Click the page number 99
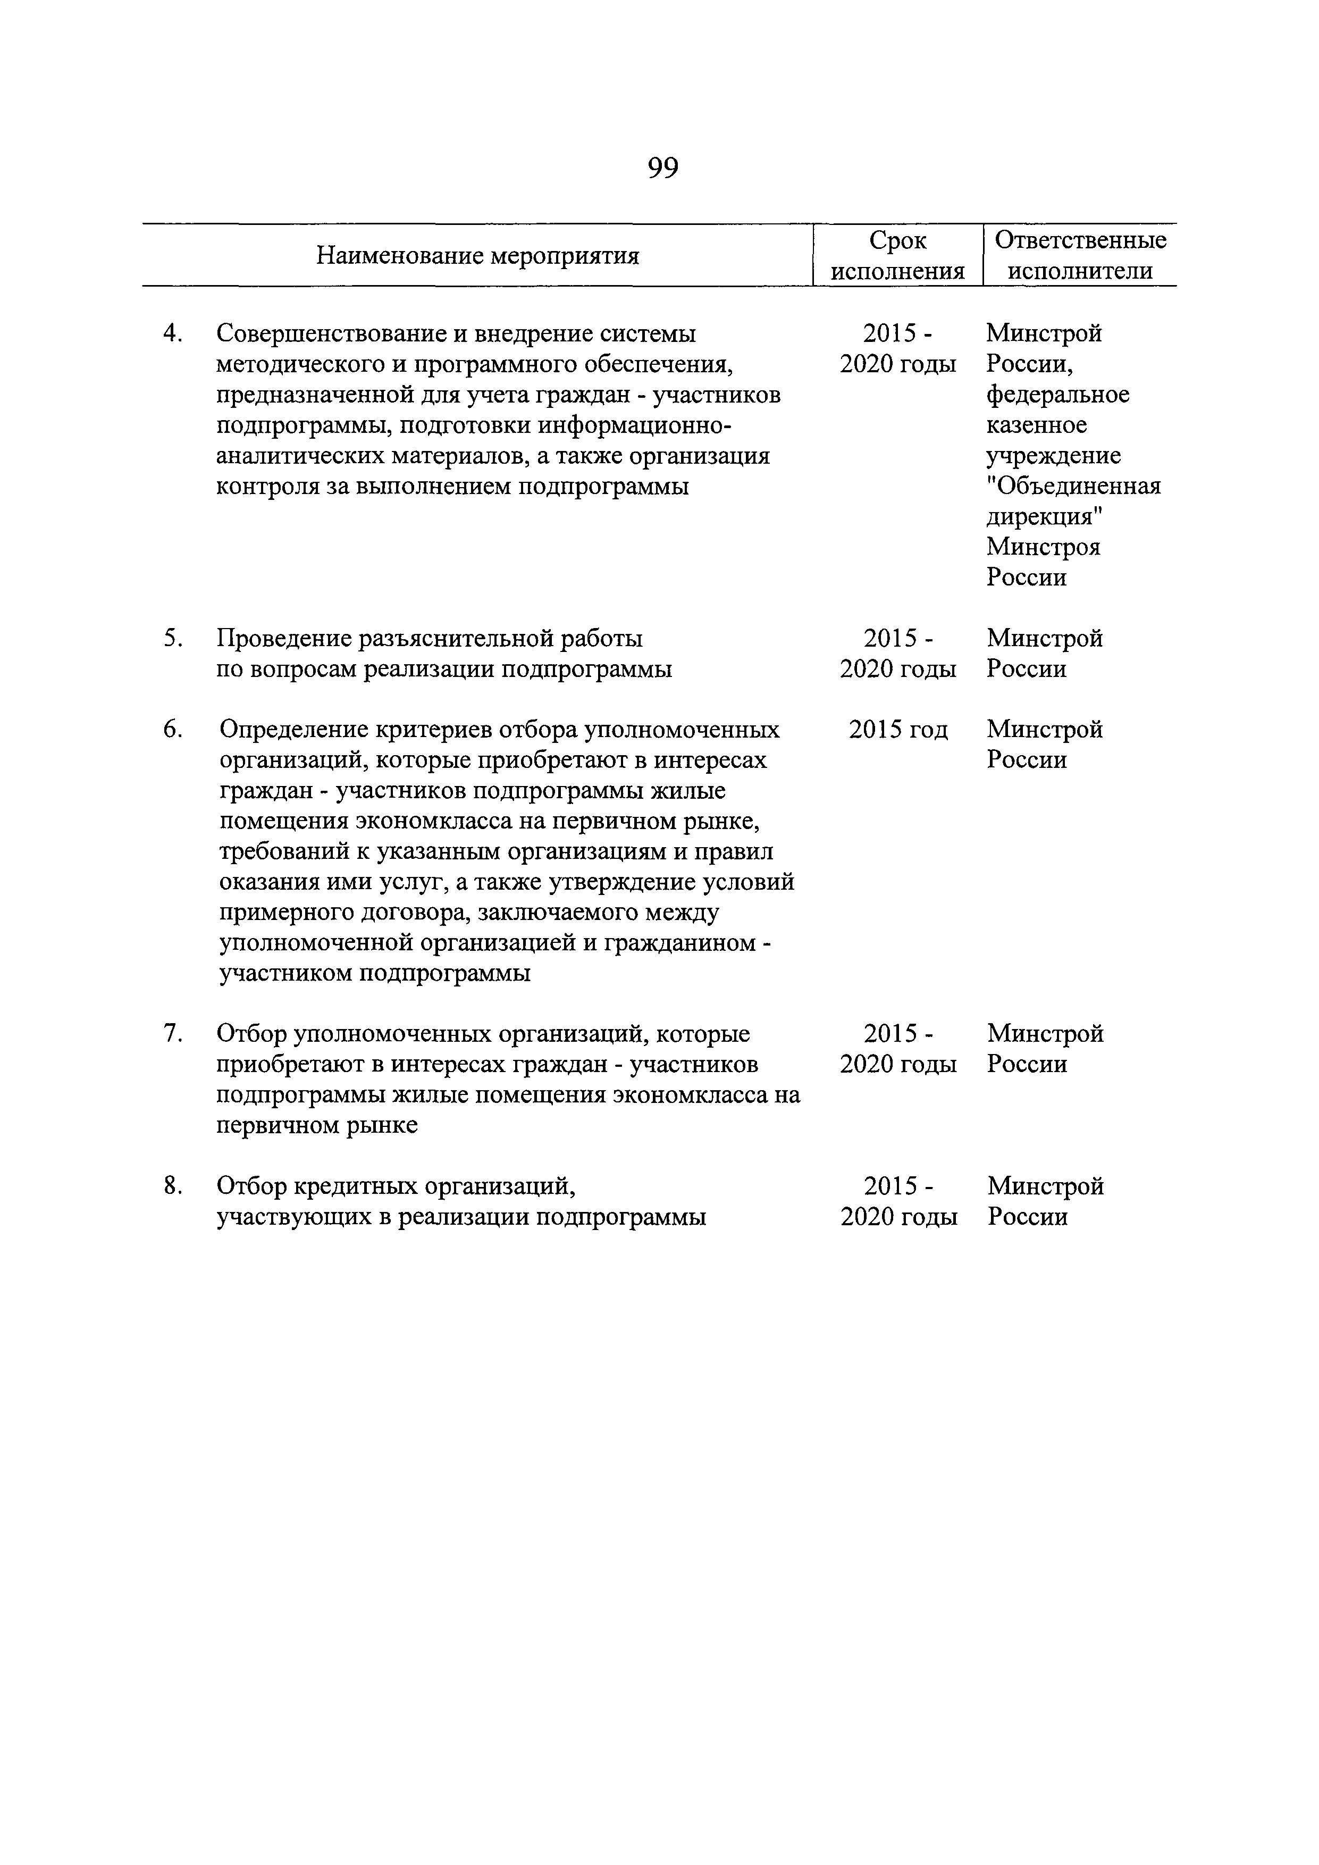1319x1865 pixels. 663,168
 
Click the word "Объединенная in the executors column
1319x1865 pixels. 1074,486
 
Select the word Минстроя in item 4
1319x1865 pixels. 1043,547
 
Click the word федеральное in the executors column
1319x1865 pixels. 1057,395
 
